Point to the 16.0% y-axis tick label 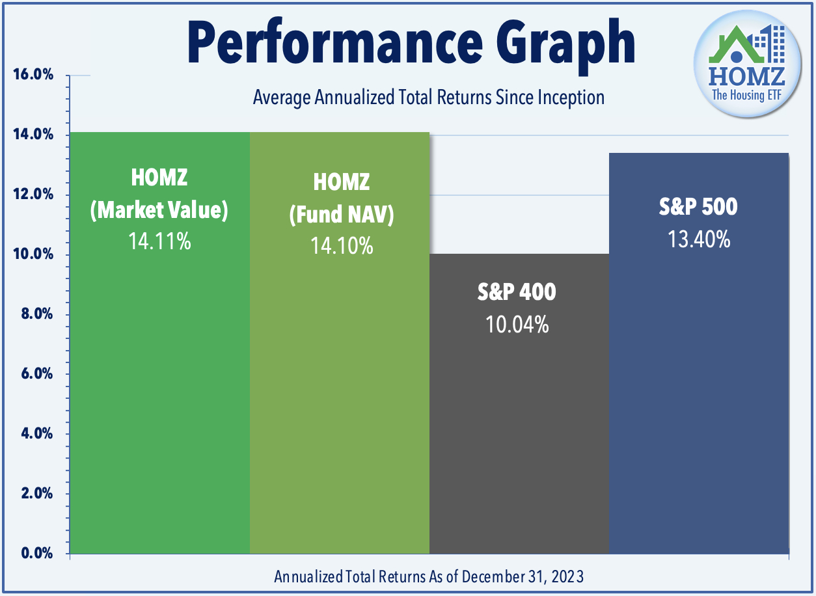point(33,75)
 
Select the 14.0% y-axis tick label point(33,135)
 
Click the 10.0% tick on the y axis point(33,254)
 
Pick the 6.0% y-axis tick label point(33,374)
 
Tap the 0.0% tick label point(33,553)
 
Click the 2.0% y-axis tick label point(33,493)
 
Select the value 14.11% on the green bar point(159,242)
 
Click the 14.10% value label point(341,245)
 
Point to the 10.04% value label point(517,323)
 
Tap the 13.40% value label point(699,239)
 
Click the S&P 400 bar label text point(517,292)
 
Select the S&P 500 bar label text point(699,208)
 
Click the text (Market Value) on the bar point(159,210)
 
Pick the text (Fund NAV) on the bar point(341,214)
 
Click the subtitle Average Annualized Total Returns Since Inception point(428,98)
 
